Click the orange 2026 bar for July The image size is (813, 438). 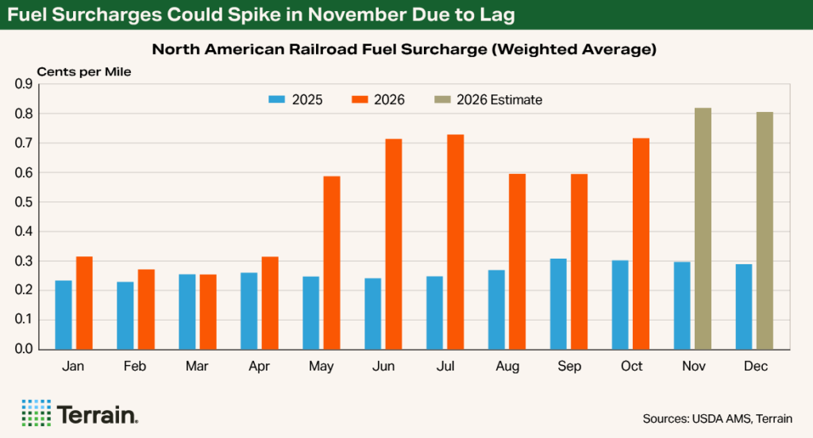click(455, 242)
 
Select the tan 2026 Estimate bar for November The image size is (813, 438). click(703, 229)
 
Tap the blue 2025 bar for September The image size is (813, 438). click(558, 304)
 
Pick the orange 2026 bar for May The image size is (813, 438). click(332, 263)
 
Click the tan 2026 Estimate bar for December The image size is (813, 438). click(765, 231)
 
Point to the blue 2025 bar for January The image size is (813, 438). click(64, 315)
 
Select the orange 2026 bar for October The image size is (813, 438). click(641, 244)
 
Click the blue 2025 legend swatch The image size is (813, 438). click(277, 99)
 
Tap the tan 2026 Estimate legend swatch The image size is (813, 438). click(442, 99)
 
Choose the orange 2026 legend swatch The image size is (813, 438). click(360, 99)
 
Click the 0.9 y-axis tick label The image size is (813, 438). click(23, 84)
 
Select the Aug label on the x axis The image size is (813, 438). click(507, 366)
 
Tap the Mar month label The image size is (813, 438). click(197, 366)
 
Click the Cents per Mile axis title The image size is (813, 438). click(84, 72)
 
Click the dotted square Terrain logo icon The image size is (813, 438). click(37, 413)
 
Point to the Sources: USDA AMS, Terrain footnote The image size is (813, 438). click(718, 418)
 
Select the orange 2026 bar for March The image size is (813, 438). click(208, 312)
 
